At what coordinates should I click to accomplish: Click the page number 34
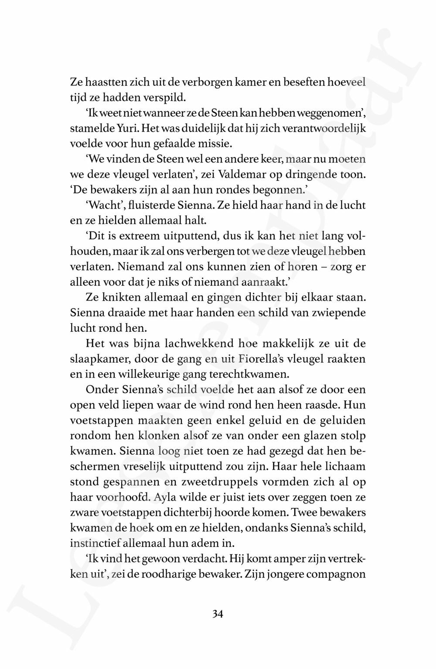point(218,614)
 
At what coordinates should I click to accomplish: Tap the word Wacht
point(101,206)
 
